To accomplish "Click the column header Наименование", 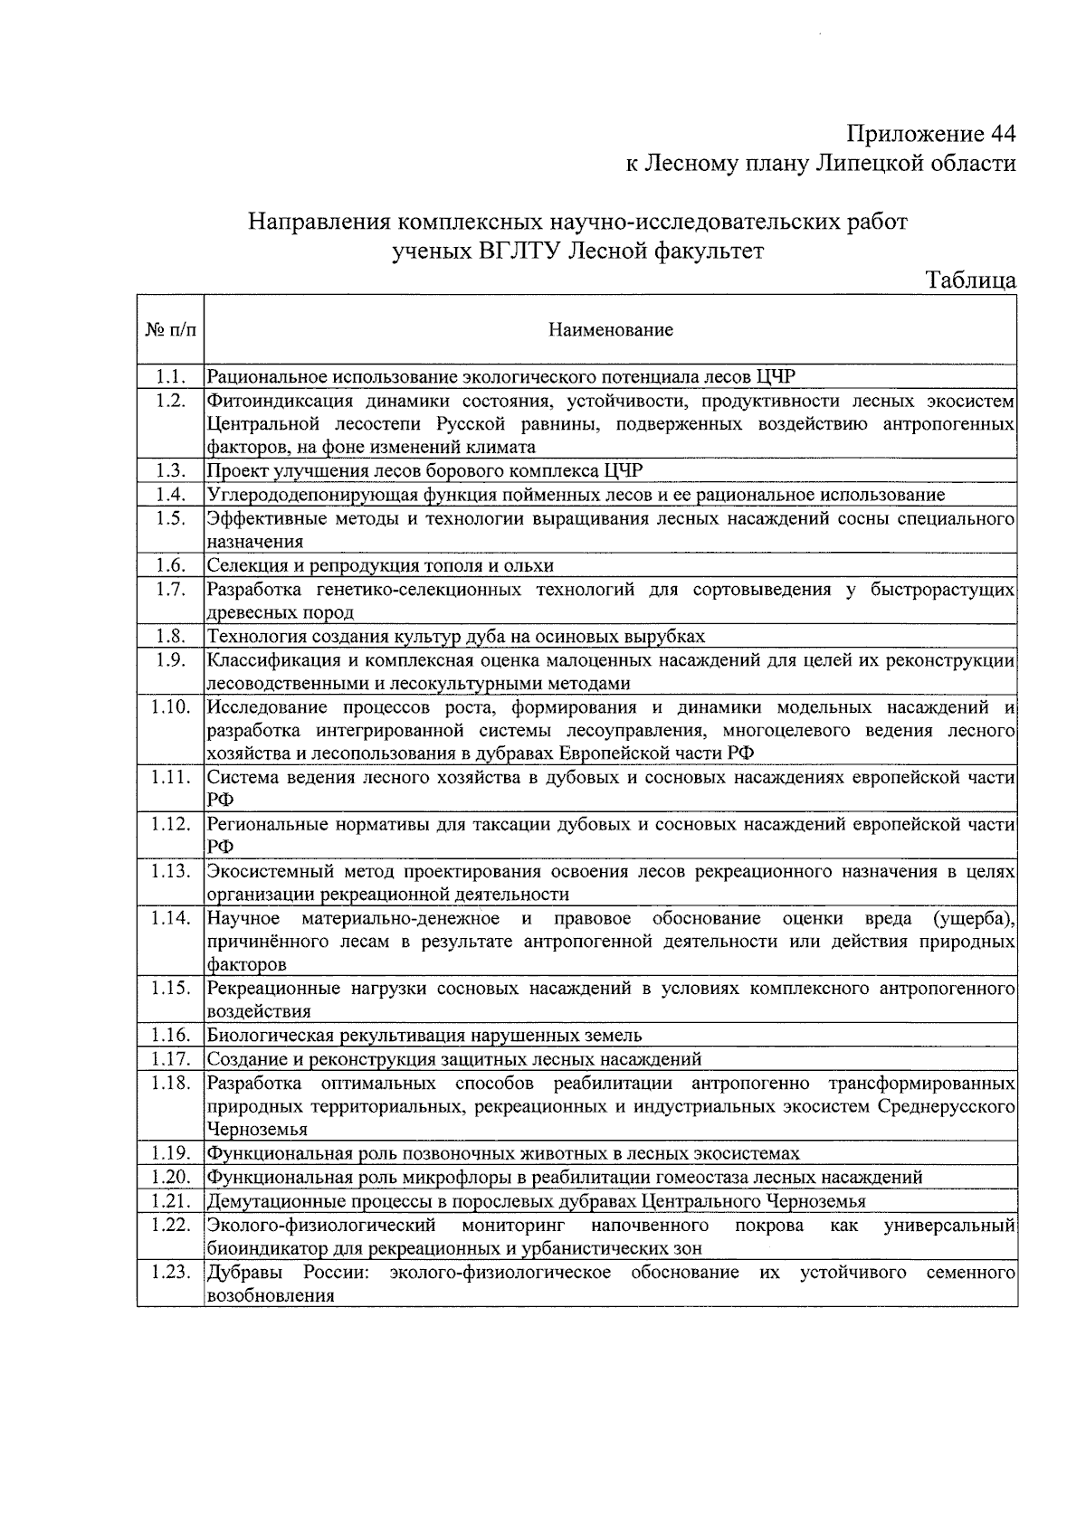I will tap(611, 330).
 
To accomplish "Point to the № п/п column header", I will tap(170, 330).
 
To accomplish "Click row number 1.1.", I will tap(170, 376).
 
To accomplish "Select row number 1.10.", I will tap(170, 706).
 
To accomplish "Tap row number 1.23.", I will tap(170, 1272).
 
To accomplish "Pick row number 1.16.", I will tap(170, 1035).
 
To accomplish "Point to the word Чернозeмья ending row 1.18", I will tap(257, 1129).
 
